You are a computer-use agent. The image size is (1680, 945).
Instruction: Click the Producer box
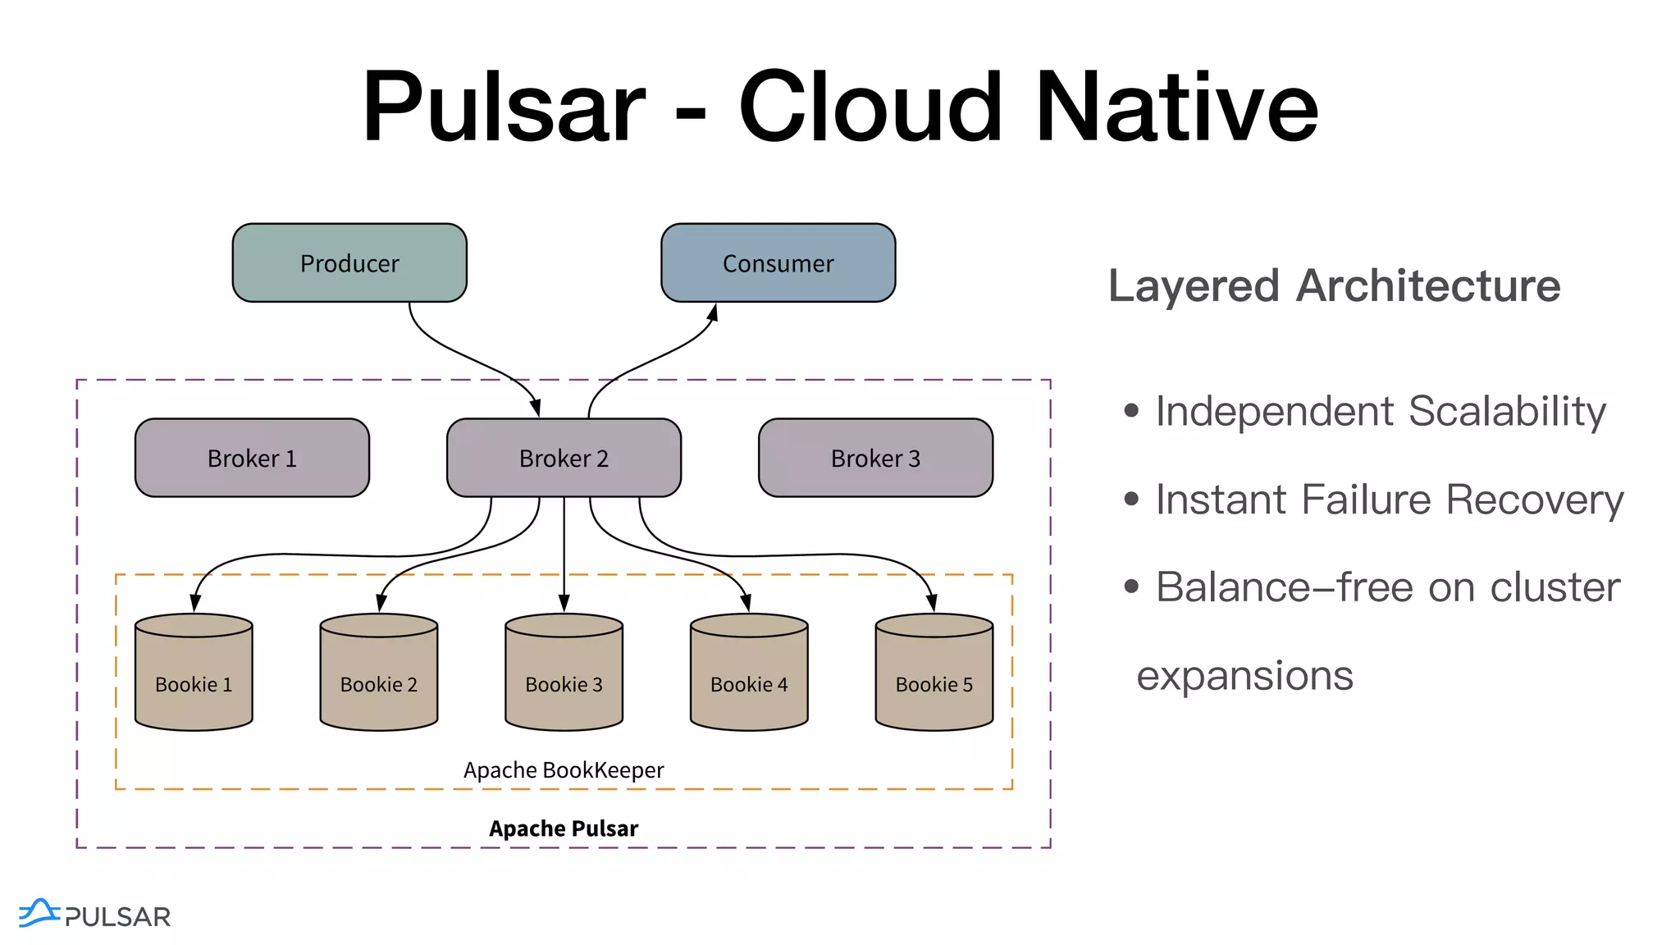point(349,262)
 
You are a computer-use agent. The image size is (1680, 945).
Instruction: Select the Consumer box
point(778,262)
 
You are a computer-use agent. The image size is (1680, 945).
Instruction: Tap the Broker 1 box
point(252,458)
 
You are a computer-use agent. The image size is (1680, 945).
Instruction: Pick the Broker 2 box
point(564,458)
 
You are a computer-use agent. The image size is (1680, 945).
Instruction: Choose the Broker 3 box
point(875,458)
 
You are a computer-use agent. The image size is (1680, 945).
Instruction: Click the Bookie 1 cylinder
point(194,672)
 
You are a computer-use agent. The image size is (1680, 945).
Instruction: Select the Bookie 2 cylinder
point(379,672)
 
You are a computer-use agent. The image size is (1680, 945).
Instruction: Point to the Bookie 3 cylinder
point(564,672)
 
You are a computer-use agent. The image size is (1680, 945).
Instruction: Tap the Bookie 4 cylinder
point(749,672)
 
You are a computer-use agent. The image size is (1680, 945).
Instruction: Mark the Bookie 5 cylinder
point(934,672)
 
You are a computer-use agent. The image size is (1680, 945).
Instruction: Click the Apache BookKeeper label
point(564,770)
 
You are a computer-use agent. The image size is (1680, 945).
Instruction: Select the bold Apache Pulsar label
point(564,829)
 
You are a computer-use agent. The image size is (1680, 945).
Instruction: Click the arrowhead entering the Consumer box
point(713,313)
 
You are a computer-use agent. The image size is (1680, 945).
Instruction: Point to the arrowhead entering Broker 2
point(535,408)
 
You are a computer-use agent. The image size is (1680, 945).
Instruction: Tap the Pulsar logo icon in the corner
point(39,913)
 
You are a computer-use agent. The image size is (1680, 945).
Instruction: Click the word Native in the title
point(1176,107)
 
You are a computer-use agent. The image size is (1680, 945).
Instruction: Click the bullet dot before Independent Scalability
point(1132,410)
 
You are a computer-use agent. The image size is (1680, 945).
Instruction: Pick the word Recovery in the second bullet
point(1535,500)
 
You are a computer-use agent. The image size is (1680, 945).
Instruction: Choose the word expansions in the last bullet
point(1244,677)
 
